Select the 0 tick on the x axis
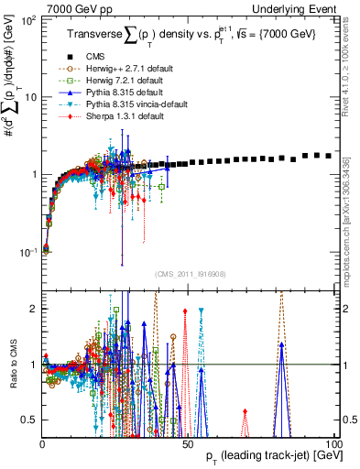click(x=43, y=443)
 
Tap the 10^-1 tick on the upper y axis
click(x=28, y=251)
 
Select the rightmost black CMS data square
click(x=328, y=156)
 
